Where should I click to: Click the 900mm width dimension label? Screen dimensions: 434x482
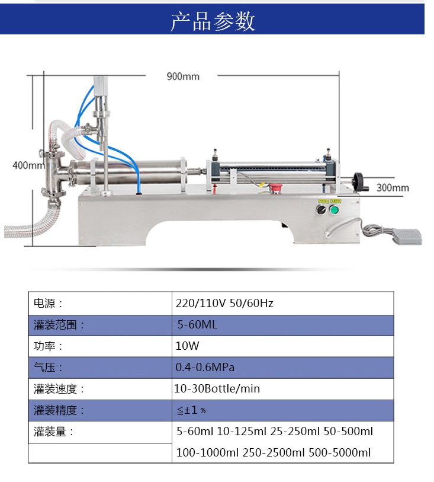(183, 76)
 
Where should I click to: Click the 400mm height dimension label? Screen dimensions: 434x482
(28, 165)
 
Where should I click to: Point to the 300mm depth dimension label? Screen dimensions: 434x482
(393, 187)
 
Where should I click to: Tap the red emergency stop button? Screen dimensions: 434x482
(275, 188)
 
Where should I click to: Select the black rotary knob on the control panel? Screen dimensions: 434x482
(321, 210)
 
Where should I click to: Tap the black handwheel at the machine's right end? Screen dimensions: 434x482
(359, 181)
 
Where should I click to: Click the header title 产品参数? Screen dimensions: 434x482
(213, 21)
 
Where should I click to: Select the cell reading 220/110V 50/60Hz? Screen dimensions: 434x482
(224, 304)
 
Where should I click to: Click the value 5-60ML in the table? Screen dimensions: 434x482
(197, 325)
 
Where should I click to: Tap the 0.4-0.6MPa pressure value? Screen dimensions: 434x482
(205, 368)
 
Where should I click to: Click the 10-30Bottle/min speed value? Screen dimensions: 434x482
(217, 389)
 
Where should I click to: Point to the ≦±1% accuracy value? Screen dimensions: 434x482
(191, 410)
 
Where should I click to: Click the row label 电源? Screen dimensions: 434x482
(48, 304)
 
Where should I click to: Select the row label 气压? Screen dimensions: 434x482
(48, 368)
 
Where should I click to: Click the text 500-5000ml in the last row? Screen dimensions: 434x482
(340, 452)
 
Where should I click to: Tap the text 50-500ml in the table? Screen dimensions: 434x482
(348, 431)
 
